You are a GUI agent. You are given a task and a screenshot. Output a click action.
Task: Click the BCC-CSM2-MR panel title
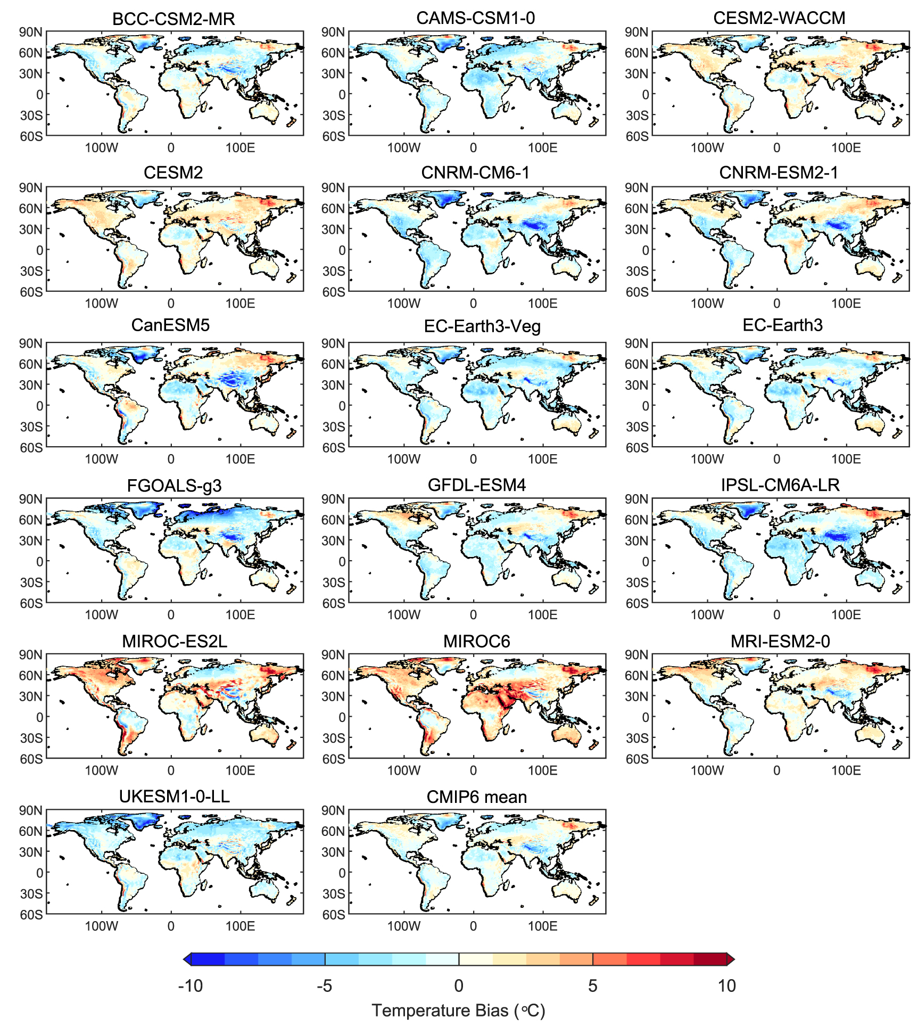pos(173,19)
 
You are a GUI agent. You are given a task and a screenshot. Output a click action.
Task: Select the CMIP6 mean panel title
pos(476,797)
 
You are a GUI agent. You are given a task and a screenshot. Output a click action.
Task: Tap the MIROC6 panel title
pos(476,641)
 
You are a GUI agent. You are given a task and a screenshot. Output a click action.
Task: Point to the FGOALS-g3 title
pos(174,486)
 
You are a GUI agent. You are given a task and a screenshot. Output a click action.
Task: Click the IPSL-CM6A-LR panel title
pos(780,485)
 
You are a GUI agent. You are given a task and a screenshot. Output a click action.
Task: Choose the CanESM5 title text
pos(170,325)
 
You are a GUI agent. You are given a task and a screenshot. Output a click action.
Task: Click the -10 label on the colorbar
pos(191,986)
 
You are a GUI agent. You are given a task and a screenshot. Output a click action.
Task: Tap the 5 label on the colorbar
pos(592,986)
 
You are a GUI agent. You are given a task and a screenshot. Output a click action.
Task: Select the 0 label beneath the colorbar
pos(459,986)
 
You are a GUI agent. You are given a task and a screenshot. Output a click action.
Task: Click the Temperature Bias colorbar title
pos(458,1010)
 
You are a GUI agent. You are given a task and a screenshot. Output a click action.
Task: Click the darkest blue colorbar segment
pos(208,959)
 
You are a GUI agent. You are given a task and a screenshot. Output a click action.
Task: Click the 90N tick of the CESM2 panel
pos(31,188)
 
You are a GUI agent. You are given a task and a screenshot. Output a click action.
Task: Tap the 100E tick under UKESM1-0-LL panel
pos(240,926)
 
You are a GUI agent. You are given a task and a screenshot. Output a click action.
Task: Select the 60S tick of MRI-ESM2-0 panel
pos(636,759)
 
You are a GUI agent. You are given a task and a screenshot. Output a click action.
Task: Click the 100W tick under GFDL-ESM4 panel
pos(403,614)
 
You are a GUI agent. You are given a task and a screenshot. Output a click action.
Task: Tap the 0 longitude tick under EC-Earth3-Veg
pos(473,459)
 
